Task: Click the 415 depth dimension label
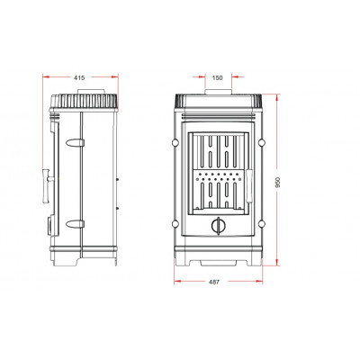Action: (79, 77)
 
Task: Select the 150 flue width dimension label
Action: (218, 78)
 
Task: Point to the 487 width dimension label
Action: (214, 282)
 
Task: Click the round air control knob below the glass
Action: (218, 225)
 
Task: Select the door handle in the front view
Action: (249, 186)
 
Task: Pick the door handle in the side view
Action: (48, 186)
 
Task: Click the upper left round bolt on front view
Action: (175, 141)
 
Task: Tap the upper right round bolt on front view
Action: (262, 141)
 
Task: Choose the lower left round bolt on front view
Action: (175, 223)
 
